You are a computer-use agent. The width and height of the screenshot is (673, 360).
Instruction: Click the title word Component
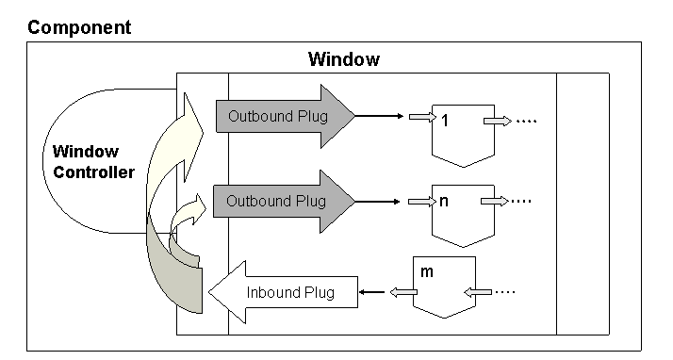tap(79, 26)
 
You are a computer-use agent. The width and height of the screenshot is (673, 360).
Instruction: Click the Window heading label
tap(344, 60)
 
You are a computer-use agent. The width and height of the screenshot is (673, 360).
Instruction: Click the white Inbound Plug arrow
tap(284, 291)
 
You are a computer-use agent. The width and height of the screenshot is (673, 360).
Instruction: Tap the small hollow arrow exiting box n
tap(496, 201)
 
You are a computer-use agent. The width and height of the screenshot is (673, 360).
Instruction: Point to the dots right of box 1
tap(528, 120)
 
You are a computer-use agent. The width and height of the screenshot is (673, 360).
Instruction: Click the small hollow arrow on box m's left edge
tap(406, 292)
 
